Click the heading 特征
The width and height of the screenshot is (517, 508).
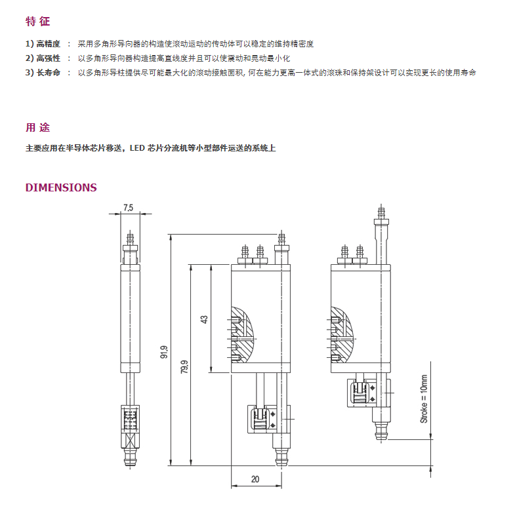(x=37, y=22)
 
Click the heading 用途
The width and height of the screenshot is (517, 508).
(x=37, y=128)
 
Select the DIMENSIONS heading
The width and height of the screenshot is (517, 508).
(x=61, y=187)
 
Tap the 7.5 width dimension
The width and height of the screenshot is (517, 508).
(x=128, y=208)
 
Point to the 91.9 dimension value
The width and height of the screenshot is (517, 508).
(x=164, y=352)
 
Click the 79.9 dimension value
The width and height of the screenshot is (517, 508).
(x=184, y=366)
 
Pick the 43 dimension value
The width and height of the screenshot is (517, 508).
(x=205, y=319)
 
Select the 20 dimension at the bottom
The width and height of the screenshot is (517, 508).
(x=255, y=479)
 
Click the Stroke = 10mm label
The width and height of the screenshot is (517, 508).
(x=424, y=399)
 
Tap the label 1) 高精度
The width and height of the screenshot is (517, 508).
(x=43, y=44)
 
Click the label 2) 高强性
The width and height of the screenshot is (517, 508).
(x=43, y=58)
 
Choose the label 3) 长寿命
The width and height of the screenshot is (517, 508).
(x=43, y=73)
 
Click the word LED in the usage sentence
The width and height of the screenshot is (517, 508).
(x=137, y=148)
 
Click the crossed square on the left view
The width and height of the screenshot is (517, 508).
(x=131, y=440)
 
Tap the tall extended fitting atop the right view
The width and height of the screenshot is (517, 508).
(x=381, y=235)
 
